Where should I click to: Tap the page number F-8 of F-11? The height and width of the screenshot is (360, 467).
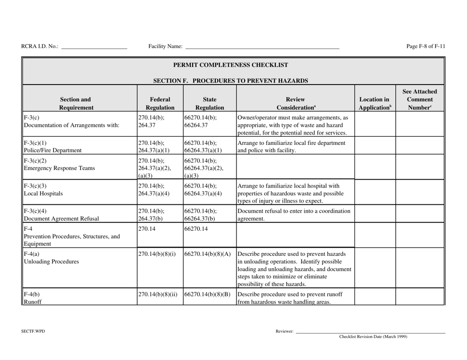click(x=426, y=46)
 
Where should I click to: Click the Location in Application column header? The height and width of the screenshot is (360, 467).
click(x=374, y=102)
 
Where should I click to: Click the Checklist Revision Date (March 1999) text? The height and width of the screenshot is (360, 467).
click(x=373, y=337)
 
